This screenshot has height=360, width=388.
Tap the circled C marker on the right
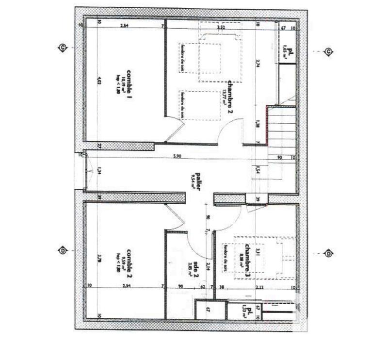(328, 52)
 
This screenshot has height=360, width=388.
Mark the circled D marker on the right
(328, 254)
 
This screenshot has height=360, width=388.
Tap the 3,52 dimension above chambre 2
(222, 28)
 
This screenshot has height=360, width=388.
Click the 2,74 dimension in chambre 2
(258, 63)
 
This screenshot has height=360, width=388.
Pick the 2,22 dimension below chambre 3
(260, 287)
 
